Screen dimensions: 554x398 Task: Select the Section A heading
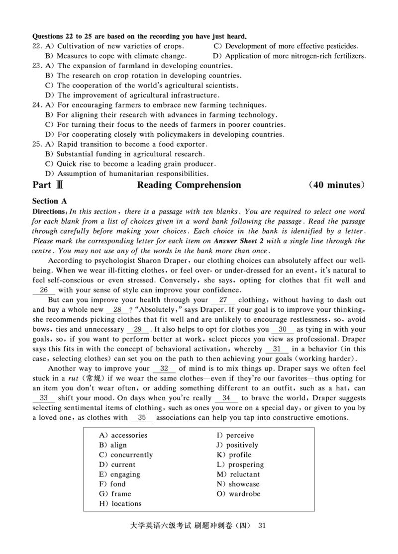49,201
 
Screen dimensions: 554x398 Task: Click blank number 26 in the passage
44,290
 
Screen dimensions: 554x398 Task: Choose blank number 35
142,418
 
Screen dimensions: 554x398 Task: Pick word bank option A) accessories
123,435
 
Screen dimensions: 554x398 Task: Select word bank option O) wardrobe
238,494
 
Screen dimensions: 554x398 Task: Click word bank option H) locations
120,504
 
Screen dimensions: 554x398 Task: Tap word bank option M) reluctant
238,474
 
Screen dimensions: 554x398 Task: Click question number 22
37,46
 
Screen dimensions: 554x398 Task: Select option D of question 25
126,174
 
